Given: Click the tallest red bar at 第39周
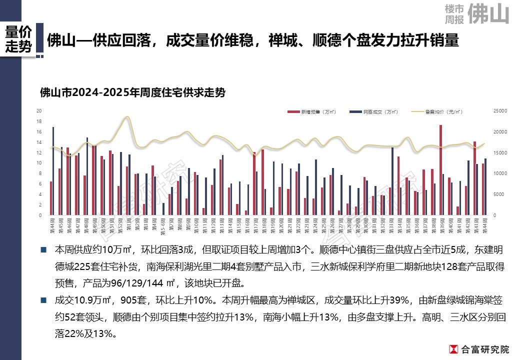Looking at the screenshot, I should pos(440,170).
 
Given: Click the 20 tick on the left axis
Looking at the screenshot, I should pos(39,110).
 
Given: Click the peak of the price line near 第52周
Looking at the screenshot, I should pos(126,117).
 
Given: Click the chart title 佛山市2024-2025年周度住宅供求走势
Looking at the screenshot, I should pos(132,92).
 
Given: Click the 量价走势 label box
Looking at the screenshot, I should pos(18,39).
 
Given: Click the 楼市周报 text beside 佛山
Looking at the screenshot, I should pos(454,14).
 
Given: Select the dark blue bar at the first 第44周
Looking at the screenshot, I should pos(53,171).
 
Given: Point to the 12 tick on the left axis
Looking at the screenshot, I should pos(39,152).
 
